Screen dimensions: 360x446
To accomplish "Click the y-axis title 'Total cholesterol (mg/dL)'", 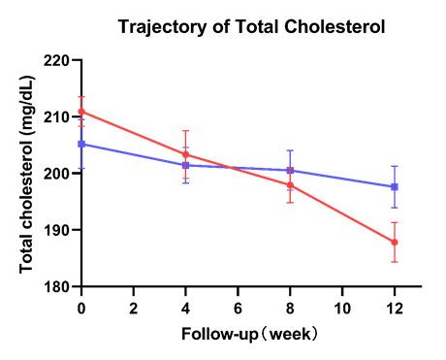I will [x=27, y=173].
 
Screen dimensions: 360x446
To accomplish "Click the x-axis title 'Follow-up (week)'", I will [x=249, y=333].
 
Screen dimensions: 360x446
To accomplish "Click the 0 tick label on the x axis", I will [x=81, y=306].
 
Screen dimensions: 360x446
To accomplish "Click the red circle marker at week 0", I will [x=81, y=112].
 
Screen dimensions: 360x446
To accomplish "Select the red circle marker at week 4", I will [x=185, y=154].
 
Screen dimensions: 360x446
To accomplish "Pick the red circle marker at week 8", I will [x=290, y=185].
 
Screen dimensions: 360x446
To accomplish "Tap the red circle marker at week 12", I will [x=395, y=243].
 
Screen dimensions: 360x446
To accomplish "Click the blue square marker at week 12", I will [x=395, y=186].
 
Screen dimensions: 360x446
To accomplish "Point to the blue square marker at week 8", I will [x=290, y=171].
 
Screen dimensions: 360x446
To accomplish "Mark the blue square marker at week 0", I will [x=81, y=144].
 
